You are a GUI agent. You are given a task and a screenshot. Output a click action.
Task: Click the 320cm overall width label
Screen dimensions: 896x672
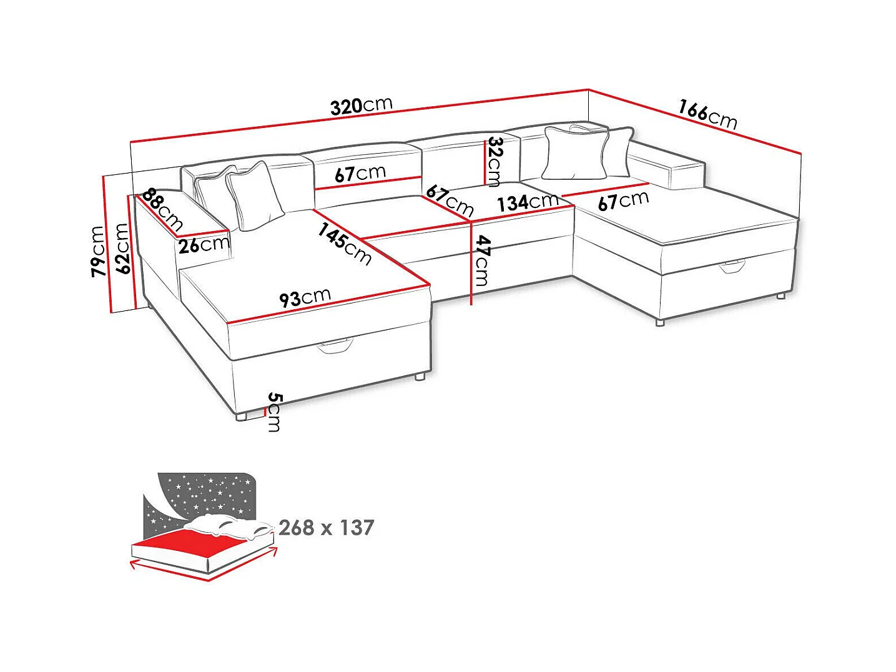361,106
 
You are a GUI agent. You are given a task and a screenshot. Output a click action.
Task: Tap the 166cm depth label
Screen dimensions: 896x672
707,114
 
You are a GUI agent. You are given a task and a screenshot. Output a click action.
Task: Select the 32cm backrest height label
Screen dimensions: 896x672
495,161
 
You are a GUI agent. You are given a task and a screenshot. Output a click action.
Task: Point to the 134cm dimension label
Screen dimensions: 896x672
528,202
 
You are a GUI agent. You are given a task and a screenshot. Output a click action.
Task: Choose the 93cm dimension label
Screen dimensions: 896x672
305,297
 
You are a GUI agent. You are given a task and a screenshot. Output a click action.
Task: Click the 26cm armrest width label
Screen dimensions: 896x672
204,244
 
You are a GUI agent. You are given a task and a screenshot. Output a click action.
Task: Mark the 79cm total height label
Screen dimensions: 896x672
97,251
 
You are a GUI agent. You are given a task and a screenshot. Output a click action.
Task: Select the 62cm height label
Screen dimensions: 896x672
122,249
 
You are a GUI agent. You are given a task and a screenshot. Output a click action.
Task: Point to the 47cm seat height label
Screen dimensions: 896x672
482,260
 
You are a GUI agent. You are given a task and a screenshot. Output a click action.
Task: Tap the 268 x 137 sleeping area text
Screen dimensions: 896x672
326,528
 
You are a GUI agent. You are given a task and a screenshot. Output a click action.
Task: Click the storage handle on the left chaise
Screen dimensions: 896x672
335,346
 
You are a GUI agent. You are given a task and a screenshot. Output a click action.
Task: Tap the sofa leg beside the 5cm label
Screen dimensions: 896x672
242,416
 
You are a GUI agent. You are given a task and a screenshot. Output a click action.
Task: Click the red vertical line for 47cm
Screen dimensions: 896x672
471,262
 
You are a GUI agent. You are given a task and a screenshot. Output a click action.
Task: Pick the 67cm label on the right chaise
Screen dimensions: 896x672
623,200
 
